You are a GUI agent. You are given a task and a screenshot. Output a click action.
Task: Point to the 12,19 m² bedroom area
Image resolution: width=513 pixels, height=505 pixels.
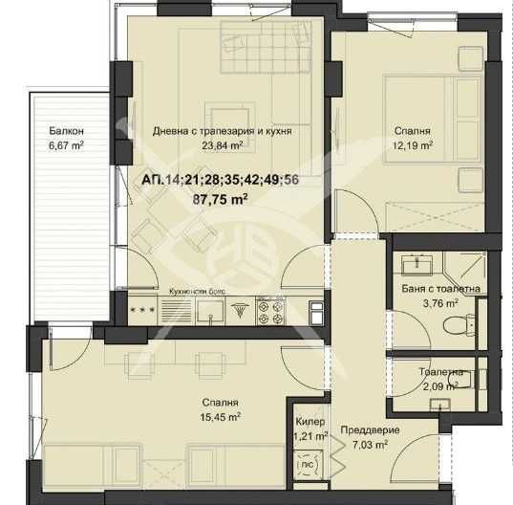point(414,146)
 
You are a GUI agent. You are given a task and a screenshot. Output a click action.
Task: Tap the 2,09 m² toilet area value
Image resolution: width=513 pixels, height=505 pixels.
point(439,386)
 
